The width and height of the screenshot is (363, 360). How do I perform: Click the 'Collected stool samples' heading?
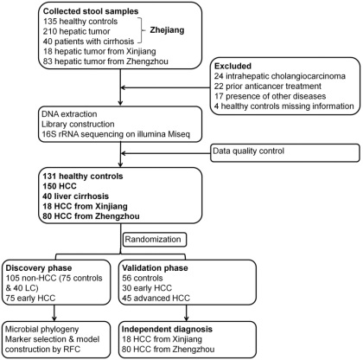[91, 11]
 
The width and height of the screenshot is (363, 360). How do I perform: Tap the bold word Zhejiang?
[167, 30]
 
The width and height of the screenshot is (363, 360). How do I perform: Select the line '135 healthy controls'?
[80, 22]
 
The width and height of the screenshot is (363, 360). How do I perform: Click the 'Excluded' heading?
[232, 66]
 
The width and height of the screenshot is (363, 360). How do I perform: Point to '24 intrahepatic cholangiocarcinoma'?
[280, 76]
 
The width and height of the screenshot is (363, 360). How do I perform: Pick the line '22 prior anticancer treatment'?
[268, 86]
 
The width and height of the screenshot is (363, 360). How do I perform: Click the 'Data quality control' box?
[285, 152]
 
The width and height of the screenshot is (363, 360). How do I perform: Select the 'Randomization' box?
[155, 240]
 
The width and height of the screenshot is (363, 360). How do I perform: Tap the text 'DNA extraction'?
[69, 114]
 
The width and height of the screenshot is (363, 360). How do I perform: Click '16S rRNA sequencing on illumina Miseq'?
[116, 134]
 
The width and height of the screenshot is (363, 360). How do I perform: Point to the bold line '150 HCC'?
[60, 186]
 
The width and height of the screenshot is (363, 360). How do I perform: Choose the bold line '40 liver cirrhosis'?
[76, 196]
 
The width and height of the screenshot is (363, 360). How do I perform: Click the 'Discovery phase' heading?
[39, 268]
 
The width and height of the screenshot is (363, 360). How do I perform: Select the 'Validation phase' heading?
[155, 268]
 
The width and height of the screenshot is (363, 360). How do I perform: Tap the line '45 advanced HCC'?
[156, 298]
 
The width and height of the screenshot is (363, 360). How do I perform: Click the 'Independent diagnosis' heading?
[167, 329]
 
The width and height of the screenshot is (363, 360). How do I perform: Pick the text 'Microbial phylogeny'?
[42, 329]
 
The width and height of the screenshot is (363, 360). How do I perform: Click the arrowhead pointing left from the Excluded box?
[124, 87]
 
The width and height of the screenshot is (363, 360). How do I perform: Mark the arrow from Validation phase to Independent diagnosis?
[187, 313]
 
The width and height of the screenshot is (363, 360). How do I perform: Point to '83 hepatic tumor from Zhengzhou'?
[105, 61]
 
